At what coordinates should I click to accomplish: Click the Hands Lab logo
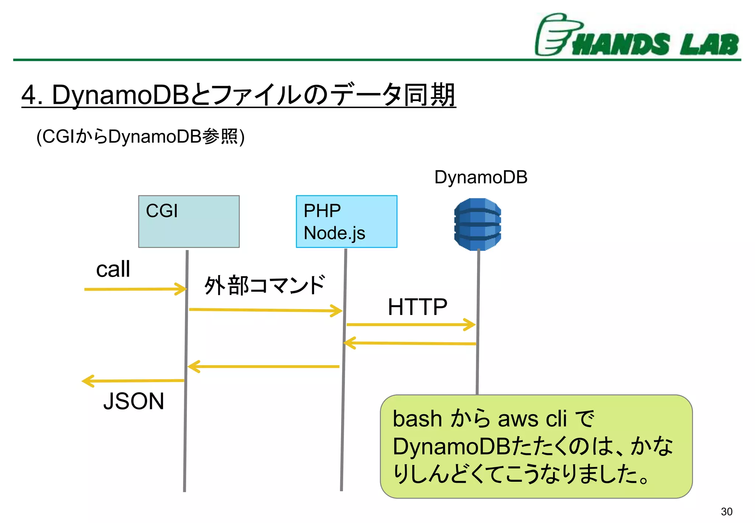637,36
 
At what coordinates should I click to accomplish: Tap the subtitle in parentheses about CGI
140,137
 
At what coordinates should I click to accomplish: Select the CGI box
189,221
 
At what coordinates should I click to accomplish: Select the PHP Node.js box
347,221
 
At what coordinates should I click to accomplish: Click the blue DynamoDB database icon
477,224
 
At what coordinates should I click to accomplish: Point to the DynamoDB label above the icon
481,177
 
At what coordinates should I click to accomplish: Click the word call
113,269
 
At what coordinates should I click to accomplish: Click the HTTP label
417,307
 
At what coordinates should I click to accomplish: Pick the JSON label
133,401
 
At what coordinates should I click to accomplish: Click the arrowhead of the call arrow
182,289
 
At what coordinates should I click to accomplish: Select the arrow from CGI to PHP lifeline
265,310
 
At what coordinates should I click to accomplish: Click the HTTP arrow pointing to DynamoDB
411,325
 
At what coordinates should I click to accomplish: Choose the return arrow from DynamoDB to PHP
409,343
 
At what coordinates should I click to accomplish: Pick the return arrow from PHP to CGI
264,367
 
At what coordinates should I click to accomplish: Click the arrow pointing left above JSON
133,381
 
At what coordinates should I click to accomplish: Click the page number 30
726,512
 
